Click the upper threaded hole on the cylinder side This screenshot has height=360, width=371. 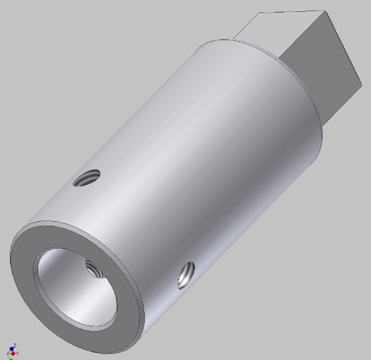tap(87, 177)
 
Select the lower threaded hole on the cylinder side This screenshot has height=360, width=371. tap(186, 275)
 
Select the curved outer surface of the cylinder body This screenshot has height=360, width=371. tap(198, 151)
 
